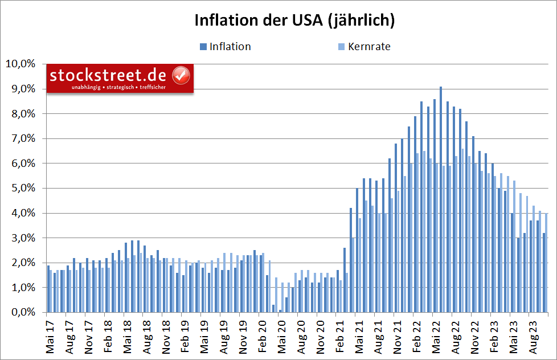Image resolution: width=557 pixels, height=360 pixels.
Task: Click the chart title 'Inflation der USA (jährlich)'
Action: click(294, 21)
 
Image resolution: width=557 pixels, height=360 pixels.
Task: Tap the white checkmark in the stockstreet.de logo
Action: click(181, 75)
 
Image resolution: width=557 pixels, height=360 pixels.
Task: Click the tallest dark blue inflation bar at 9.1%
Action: click(440, 199)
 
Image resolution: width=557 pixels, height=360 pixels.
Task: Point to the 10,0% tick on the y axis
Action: click(20, 64)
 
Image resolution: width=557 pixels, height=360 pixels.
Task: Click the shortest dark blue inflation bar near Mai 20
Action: click(280, 311)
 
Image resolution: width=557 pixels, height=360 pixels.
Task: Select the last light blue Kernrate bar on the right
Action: click(546, 263)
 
